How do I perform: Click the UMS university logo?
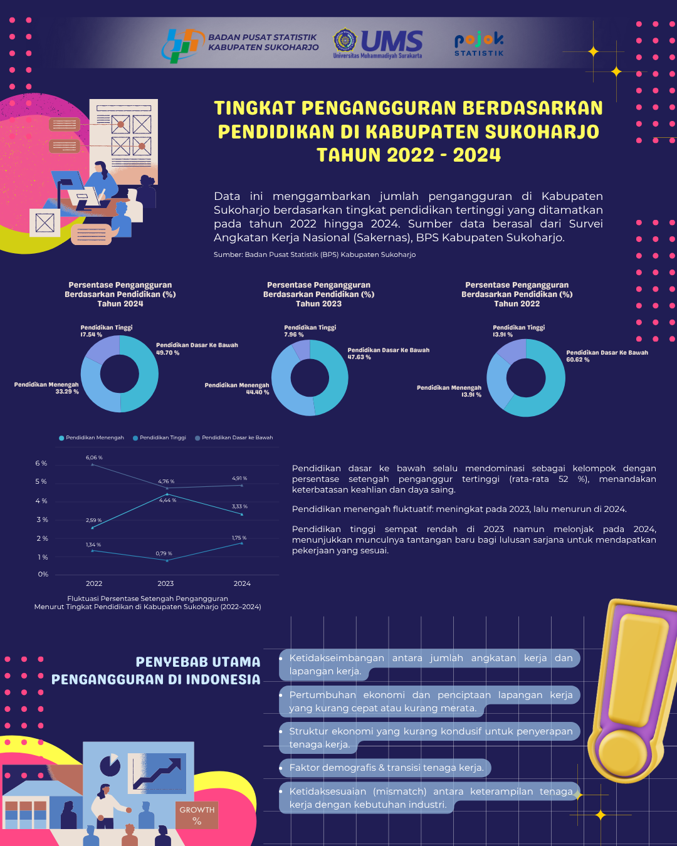pyautogui.click(x=378, y=43)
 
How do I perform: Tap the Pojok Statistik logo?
pyautogui.click(x=479, y=44)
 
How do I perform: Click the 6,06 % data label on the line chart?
pyautogui.click(x=94, y=457)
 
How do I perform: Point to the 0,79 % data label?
pyautogui.click(x=164, y=553)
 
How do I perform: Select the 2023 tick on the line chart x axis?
pyautogui.click(x=165, y=583)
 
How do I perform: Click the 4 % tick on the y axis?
pyautogui.click(x=41, y=501)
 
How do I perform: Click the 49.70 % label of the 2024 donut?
pyautogui.click(x=167, y=353)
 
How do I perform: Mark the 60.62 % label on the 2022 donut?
pyautogui.click(x=577, y=360)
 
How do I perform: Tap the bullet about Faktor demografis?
pyautogui.click(x=386, y=768)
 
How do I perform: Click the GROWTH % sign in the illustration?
pyautogui.click(x=197, y=815)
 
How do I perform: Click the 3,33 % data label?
pyautogui.click(x=239, y=506)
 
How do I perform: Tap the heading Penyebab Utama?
pyautogui.click(x=197, y=662)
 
